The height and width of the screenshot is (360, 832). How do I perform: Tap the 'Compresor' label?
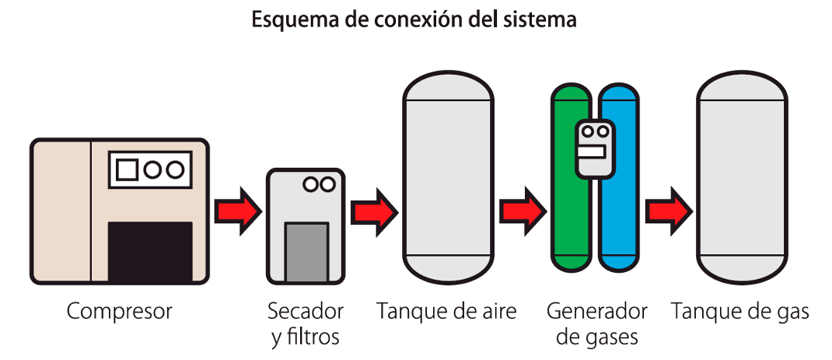119,313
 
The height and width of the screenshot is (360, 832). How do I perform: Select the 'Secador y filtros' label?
306,324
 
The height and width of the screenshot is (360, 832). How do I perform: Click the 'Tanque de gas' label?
739,313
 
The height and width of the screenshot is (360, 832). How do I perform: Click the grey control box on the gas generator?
595,147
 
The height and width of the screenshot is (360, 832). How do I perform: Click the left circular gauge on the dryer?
311,184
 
